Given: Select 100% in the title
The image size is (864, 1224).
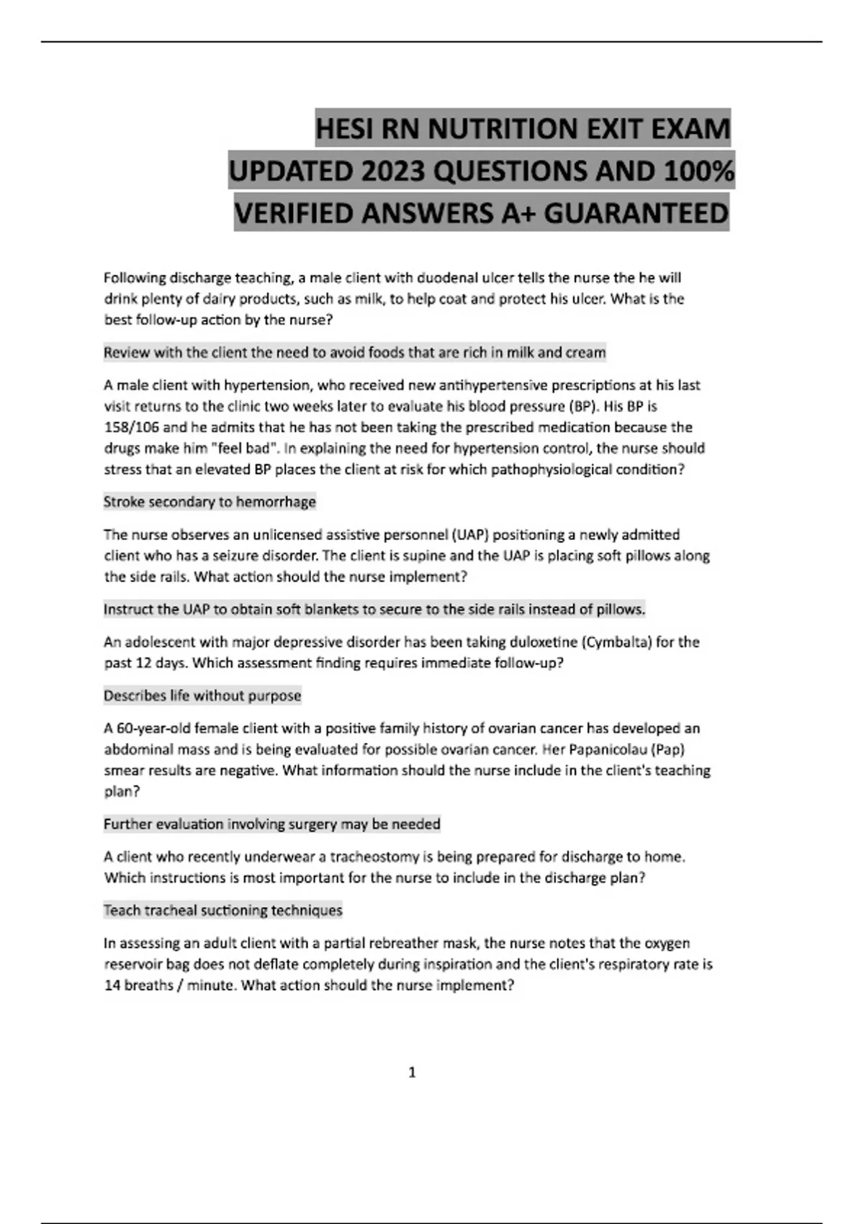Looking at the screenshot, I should [698, 171].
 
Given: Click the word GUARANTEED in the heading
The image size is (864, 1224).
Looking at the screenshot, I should [636, 214].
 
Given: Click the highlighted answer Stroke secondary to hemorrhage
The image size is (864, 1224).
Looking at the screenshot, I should [210, 502].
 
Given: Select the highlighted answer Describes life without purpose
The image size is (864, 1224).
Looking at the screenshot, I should [202, 696].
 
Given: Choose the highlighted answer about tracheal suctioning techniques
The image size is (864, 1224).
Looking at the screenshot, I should [223, 910].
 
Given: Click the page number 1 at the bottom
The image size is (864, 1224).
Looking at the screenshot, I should [412, 1072].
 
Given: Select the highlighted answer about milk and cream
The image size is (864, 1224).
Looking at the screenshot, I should [354, 353].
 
